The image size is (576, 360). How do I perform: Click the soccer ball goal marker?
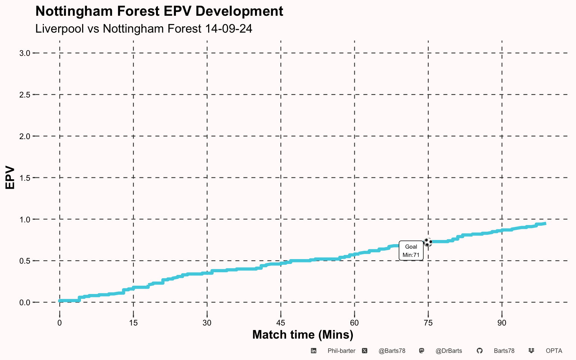pos(427,242)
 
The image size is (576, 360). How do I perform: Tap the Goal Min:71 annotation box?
pos(411,251)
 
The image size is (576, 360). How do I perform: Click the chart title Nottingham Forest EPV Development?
pos(159,11)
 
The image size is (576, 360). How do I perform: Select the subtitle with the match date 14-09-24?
pos(144,28)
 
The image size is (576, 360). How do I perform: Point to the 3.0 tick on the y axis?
pos(25,53)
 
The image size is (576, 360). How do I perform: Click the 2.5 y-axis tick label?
pos(25,95)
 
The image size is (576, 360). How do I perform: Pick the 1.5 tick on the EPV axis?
pos(25,178)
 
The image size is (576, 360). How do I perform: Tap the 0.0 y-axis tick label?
pos(25,303)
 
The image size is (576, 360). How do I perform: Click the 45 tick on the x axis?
pos(280,323)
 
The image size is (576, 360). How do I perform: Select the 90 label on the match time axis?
pos(502,323)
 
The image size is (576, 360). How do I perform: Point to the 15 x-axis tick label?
pos(133,323)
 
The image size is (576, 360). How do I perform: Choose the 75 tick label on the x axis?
pos(428,323)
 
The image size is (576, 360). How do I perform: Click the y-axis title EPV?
pos(10,177)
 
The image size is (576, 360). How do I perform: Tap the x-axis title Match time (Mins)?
pos(303,335)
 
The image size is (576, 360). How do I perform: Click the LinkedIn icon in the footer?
pos(313,351)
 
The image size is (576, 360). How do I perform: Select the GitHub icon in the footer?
pos(480,351)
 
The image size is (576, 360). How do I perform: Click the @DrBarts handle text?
pos(449,351)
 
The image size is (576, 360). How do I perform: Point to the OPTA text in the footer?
pos(554,351)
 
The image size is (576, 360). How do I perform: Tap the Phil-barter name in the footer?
pos(342,351)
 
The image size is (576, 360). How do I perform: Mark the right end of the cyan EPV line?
pos(546,223)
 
